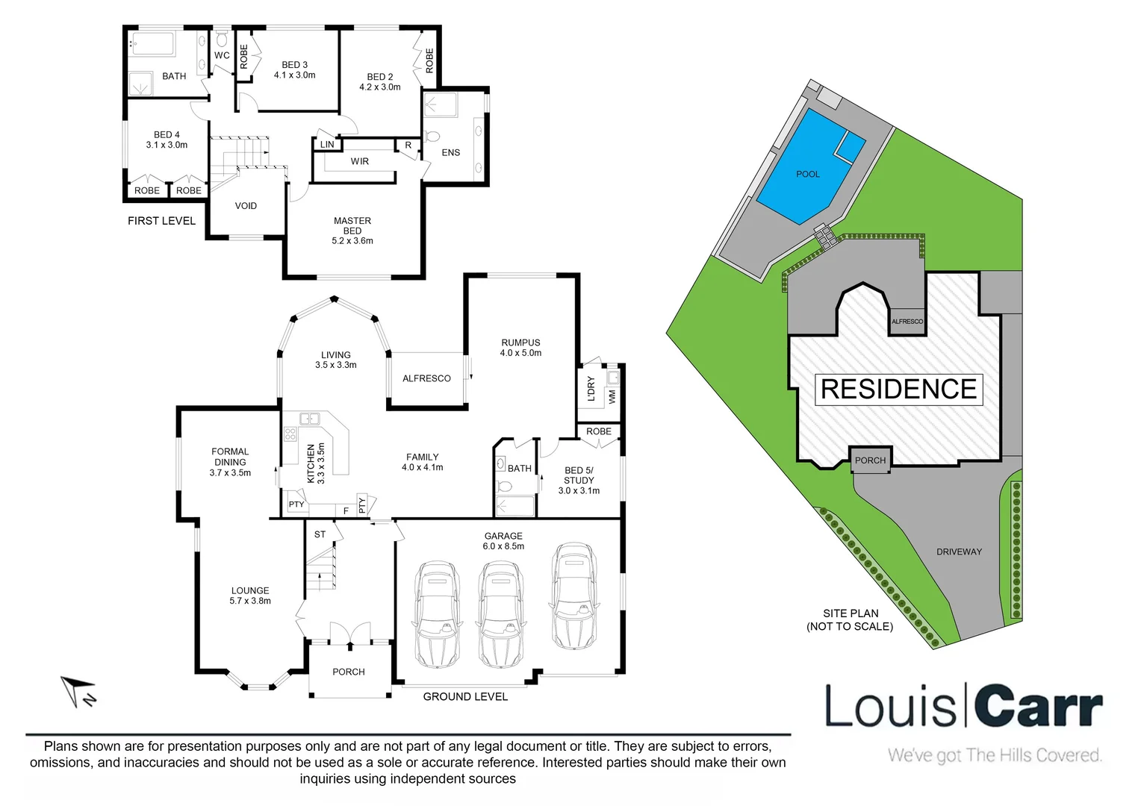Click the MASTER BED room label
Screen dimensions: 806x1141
tap(352, 226)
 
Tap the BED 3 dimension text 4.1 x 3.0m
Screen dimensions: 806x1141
tap(294, 75)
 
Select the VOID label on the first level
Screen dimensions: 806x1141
tap(246, 206)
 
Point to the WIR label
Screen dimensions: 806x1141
tap(360, 161)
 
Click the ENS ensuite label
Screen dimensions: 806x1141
tap(451, 153)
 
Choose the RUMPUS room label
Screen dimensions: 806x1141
tap(520, 343)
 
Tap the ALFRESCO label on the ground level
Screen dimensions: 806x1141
tap(426, 378)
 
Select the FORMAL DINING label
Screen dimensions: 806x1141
tap(230, 457)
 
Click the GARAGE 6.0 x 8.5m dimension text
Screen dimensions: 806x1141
tap(503, 546)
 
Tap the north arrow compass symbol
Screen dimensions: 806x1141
tap(78, 690)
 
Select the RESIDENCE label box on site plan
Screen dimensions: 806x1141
tap(898, 390)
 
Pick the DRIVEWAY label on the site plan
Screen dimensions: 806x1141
tap(959, 552)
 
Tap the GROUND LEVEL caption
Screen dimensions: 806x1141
tap(465, 697)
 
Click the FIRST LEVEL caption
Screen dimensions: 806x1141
tap(161, 221)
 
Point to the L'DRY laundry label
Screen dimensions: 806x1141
tap(591, 389)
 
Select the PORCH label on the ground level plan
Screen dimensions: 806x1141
tap(349, 672)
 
